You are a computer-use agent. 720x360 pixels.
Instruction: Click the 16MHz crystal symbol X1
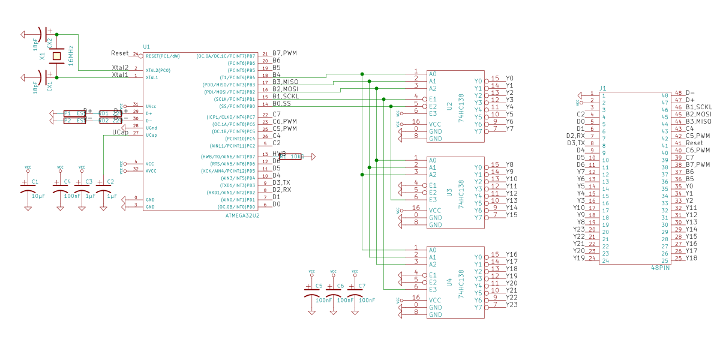pyautogui.click(x=56, y=56)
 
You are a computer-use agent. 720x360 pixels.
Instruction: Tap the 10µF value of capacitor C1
pyautogui.click(x=38, y=196)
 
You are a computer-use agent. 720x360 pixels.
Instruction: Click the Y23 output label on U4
pyautogui.click(x=512, y=305)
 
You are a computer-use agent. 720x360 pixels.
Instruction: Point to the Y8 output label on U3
pyautogui.click(x=509, y=164)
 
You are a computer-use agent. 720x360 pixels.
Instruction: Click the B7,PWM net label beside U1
pyautogui.click(x=285, y=53)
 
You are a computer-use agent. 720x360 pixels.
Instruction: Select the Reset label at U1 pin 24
pyautogui.click(x=121, y=53)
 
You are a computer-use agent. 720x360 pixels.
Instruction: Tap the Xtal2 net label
pyautogui.click(x=120, y=68)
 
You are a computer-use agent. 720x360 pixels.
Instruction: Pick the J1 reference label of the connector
pyautogui.click(x=603, y=88)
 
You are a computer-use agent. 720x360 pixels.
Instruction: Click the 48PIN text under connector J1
pyautogui.click(x=660, y=268)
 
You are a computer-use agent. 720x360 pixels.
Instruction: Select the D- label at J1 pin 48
pyautogui.click(x=690, y=93)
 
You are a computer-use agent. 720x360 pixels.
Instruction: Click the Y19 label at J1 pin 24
pyautogui.click(x=578, y=258)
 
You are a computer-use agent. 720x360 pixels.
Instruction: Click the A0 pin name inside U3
pyautogui.click(x=433, y=160)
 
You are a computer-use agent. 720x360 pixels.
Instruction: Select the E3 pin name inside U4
pyautogui.click(x=433, y=289)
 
